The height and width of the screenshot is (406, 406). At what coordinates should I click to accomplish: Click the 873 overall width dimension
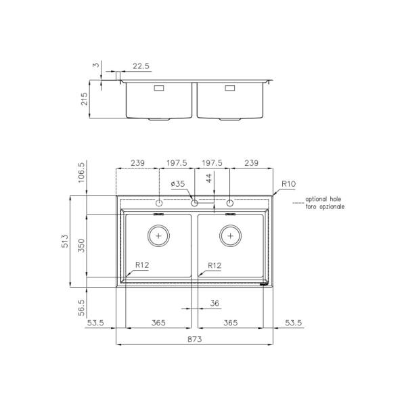coord(194,339)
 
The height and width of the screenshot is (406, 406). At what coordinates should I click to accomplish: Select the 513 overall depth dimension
coord(65,241)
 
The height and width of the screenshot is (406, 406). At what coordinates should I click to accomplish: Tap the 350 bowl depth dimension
coord(81,246)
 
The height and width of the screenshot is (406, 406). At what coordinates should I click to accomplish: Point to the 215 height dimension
coord(84,99)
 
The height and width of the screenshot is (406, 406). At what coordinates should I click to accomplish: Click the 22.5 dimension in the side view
coord(141,66)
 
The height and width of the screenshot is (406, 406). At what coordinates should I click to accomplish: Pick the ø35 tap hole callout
coord(178,184)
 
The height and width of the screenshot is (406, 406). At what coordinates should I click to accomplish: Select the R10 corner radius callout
coord(288,184)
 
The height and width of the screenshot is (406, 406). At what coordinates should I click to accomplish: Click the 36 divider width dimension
coord(215,303)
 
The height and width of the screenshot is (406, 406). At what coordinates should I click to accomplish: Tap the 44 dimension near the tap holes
coord(208,178)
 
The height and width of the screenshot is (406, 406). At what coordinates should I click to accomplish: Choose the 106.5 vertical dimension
coord(81,173)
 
